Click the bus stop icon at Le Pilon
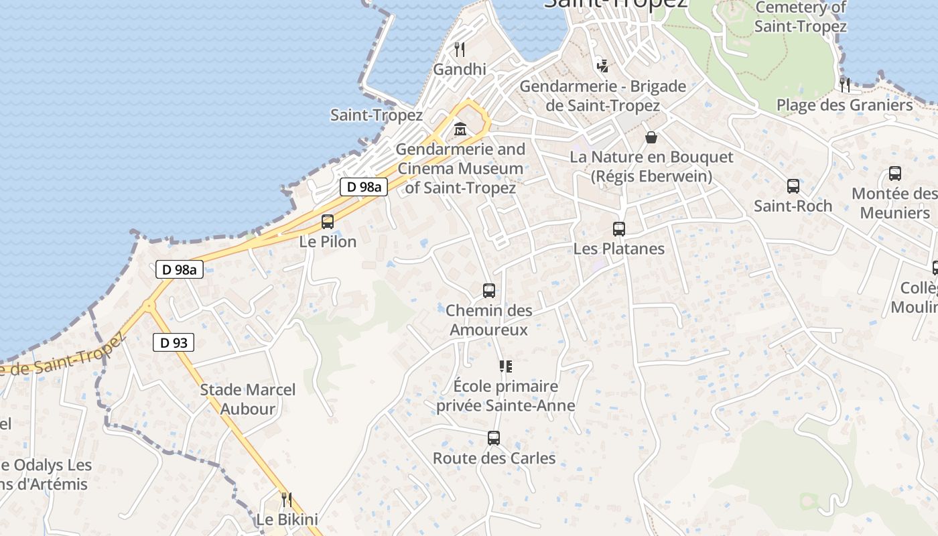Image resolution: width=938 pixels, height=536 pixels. pos(328,222)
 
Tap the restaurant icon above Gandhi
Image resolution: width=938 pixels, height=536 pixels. pos(460,49)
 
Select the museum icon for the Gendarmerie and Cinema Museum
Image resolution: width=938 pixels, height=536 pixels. pos(460,129)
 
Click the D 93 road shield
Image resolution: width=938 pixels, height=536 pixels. pos(174,343)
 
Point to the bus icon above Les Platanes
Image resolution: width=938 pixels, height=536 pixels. pos(619,229)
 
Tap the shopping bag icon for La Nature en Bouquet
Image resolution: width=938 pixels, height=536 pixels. pos(651,137)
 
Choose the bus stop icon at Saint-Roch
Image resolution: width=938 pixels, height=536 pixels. pos(793,186)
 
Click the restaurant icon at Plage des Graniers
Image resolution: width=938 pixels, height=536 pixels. pos(845,85)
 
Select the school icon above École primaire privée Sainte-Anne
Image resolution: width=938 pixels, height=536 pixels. pos(506,366)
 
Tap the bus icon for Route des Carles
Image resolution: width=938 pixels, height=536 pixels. pos(494,438)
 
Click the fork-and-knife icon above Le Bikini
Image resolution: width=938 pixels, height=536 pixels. pos(287,499)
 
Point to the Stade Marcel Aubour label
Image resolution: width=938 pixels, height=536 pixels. pos(248,399)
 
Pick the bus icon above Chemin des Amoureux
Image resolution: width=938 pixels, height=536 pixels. pos(489,291)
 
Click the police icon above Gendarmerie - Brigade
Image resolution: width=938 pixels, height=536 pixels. pos(603,66)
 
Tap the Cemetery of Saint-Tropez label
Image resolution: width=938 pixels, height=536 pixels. pos(801,17)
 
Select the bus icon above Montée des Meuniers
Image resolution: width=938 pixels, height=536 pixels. pos(895,174)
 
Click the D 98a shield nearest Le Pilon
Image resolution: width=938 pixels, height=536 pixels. pos(364,187)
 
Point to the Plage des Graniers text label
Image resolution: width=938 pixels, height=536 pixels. pos(844,105)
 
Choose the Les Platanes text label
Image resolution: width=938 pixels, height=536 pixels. pos(619,249)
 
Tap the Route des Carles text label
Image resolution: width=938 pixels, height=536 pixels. pos(494,458)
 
